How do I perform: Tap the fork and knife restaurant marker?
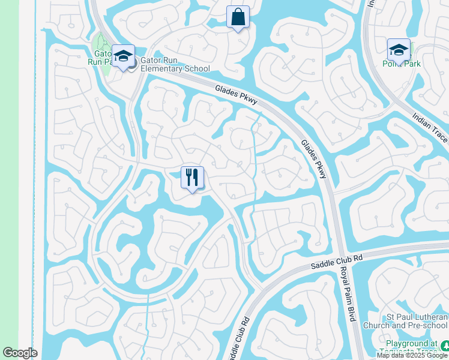pyautogui.click(x=192, y=178)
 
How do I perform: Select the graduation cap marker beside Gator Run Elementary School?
pyautogui.click(x=124, y=56)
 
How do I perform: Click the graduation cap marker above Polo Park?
pyautogui.click(x=399, y=50)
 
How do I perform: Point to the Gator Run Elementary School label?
pyautogui.click(x=170, y=64)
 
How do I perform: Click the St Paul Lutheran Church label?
pyautogui.click(x=405, y=321)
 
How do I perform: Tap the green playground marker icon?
pyautogui.click(x=445, y=346)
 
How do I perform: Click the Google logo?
pyautogui.click(x=20, y=353)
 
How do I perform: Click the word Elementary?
pyautogui.click(x=158, y=68)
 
